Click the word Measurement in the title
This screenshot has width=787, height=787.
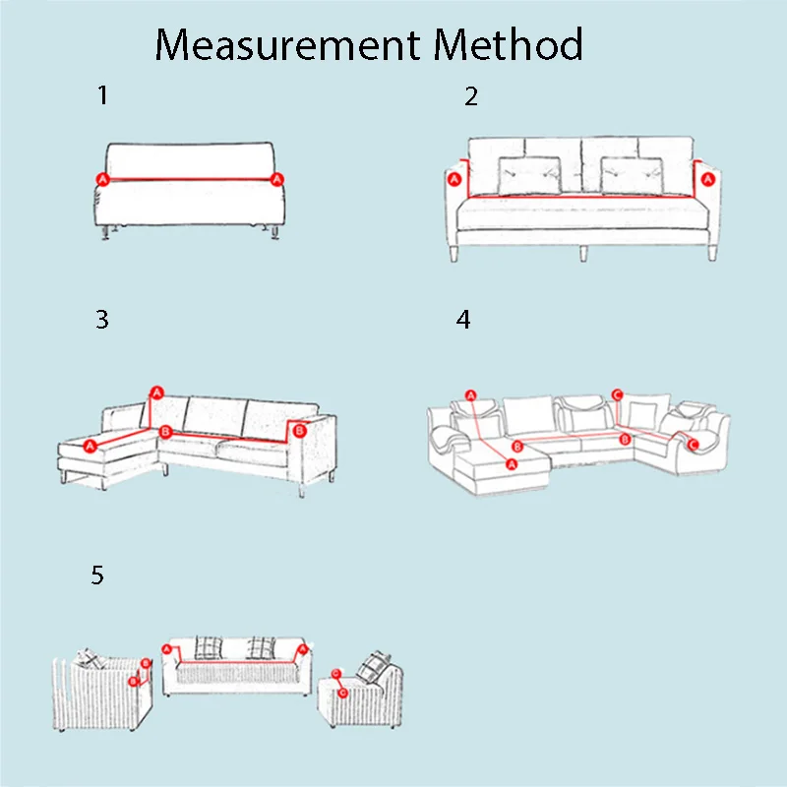287,44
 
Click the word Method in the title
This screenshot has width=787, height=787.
508,44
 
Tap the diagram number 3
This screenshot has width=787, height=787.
102,319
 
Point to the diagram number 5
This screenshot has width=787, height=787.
97,575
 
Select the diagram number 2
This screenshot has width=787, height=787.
471,96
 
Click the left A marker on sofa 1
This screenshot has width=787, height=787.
103,179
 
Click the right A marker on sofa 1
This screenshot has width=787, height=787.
276,179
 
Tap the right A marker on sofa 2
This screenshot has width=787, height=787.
707,179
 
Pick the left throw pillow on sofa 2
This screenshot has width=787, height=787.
529,176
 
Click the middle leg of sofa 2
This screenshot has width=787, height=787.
583,254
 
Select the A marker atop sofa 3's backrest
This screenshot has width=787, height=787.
157,393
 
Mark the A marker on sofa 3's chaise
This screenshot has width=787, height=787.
90,446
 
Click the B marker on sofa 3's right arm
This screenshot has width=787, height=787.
300,431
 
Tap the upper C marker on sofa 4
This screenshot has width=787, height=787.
618,395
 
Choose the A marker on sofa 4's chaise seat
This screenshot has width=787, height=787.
512,464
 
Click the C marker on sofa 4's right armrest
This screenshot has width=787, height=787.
694,445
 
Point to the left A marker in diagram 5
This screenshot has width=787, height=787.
167,650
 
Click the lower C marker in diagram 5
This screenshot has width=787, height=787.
342,694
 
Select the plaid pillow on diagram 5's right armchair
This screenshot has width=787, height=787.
374,667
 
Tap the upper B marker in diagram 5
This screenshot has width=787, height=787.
146,663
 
